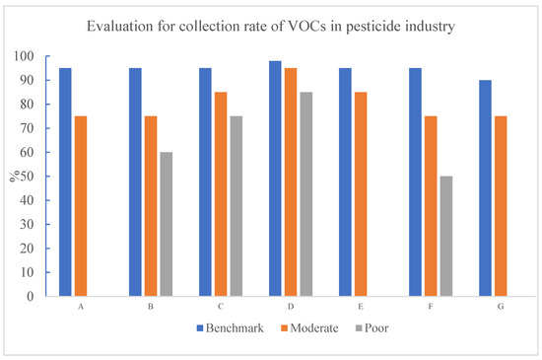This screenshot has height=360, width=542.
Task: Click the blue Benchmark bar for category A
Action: [x=65, y=181]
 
